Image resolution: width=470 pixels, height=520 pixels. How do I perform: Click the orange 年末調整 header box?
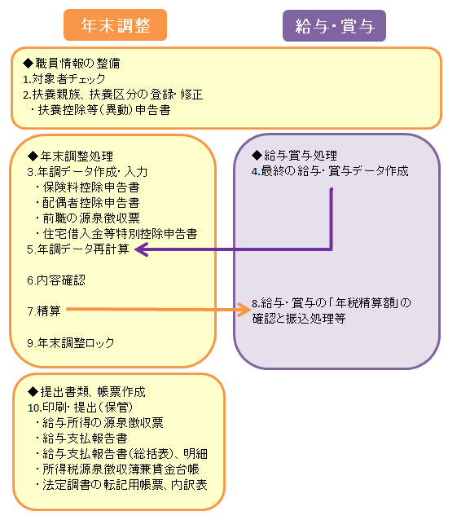[115, 25]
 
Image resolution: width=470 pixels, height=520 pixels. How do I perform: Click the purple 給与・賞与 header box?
[334, 26]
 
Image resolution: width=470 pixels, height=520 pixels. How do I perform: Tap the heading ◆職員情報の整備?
[72, 63]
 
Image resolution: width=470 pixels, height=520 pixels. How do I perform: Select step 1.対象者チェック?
[64, 79]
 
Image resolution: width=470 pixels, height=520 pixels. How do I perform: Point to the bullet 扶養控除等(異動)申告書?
[100, 110]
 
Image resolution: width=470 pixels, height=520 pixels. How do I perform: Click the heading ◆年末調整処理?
[70, 156]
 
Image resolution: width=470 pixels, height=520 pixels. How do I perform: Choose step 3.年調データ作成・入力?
[87, 172]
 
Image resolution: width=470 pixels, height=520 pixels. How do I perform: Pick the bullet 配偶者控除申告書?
[88, 203]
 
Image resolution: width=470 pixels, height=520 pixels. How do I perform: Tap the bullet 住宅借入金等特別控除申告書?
[116, 234]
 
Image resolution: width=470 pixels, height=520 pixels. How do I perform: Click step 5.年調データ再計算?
[78, 249]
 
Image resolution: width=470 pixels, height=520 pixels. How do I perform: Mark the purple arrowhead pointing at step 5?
[141, 249]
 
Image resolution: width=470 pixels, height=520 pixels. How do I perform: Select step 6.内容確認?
[56, 280]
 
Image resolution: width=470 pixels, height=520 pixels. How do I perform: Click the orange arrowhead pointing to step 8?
[244, 310]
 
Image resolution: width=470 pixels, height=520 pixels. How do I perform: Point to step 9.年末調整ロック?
[71, 342]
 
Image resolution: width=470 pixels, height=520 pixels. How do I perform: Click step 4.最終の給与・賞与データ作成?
[330, 171]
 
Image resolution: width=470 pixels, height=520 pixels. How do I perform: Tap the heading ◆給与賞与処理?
[294, 155]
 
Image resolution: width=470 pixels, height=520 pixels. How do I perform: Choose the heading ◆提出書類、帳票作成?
[86, 392]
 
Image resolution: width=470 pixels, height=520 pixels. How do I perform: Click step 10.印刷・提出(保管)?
[80, 408]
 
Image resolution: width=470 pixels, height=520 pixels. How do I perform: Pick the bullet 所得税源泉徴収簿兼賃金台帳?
[117, 469]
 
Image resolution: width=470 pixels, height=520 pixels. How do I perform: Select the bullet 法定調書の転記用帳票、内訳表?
[121, 485]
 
